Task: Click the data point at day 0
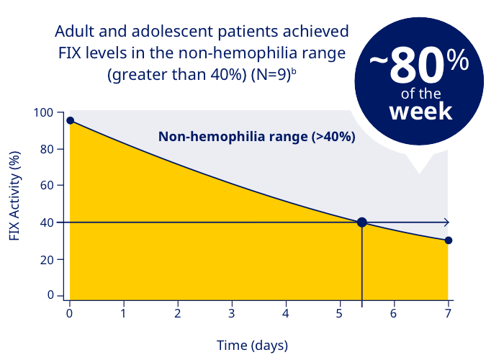(x=70, y=120)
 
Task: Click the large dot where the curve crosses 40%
(x=362, y=222)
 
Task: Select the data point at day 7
(x=449, y=240)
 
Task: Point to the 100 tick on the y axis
(x=44, y=112)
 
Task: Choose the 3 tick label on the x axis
(x=232, y=313)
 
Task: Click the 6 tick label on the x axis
(x=394, y=313)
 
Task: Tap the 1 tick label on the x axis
(x=124, y=313)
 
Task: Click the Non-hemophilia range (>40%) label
(x=256, y=137)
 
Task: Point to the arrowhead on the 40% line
(x=446, y=222)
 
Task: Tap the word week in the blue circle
(x=420, y=112)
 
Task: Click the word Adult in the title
(x=76, y=32)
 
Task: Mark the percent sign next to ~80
(x=457, y=62)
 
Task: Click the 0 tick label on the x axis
(x=70, y=313)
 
